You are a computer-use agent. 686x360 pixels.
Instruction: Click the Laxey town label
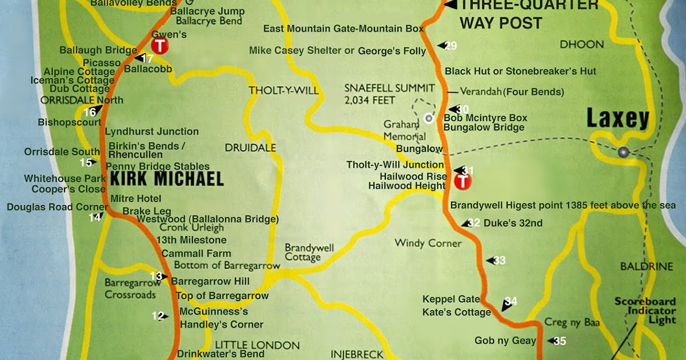pos(618,119)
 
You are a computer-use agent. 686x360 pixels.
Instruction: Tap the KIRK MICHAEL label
pos(166,179)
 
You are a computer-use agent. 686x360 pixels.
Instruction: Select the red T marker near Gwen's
pos(159,46)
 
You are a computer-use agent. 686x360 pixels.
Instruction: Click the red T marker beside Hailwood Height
pos(462,182)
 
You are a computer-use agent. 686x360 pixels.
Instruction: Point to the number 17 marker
pos(146,58)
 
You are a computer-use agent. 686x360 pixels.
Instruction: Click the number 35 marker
pos(559,342)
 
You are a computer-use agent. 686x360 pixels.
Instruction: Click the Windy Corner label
pos(428,243)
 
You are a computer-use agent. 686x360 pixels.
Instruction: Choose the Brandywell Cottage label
pos(309,253)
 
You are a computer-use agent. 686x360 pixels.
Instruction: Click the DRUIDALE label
pos(250,147)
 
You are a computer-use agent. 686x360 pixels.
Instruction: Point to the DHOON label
pos(581,44)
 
